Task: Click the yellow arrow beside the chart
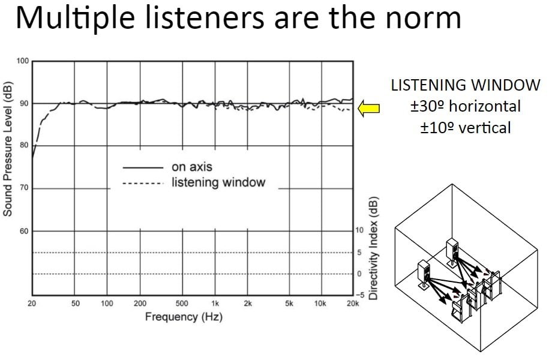[x=369, y=108]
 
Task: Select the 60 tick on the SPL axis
[x=24, y=231]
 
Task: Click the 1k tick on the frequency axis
[x=214, y=304]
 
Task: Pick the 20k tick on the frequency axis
[x=353, y=304]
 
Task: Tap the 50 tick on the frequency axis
[x=76, y=304]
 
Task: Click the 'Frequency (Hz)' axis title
[x=184, y=317]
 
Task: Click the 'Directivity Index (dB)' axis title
[x=373, y=247]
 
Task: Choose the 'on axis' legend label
[x=192, y=167]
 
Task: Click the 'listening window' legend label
[x=218, y=182]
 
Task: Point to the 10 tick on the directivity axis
[x=359, y=230]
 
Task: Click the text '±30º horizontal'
[x=466, y=107]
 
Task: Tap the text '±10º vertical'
[x=466, y=127]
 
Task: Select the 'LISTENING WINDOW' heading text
[x=466, y=86]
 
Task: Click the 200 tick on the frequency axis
[x=140, y=304]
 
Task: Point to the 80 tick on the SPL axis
[x=24, y=146]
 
